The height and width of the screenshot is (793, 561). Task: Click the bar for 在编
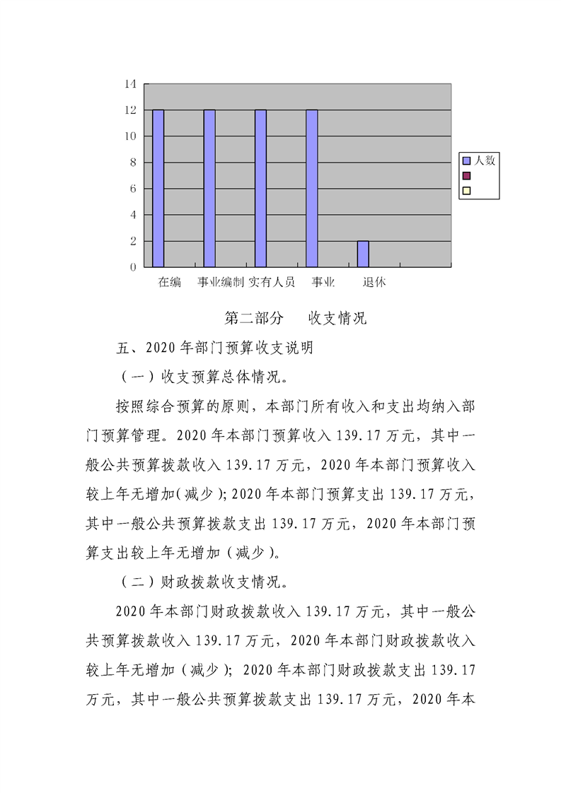click(158, 188)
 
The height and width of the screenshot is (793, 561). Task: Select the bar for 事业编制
click(209, 188)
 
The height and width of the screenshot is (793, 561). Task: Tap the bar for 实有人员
click(260, 188)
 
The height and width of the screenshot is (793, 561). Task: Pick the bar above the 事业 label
click(312, 188)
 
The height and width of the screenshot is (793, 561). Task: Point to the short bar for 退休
click(363, 254)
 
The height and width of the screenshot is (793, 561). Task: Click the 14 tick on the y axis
click(130, 84)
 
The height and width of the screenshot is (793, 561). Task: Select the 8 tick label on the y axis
click(132, 163)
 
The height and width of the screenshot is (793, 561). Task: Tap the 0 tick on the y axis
click(132, 267)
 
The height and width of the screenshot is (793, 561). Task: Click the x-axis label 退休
click(374, 282)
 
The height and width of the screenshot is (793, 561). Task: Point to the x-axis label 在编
click(170, 282)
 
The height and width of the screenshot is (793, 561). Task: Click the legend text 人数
click(485, 160)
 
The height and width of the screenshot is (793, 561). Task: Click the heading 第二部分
click(254, 318)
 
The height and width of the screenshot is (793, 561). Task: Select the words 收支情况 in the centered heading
click(337, 318)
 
